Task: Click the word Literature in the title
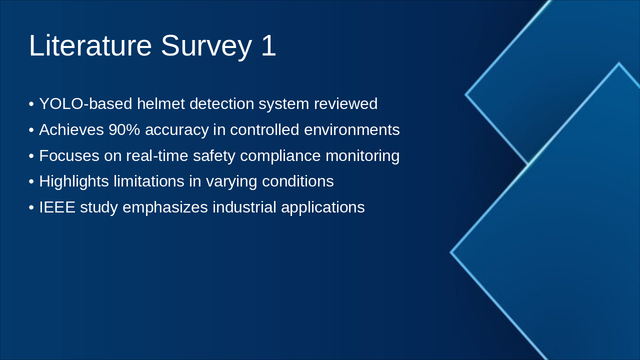[x=90, y=45]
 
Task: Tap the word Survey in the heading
[x=206, y=47]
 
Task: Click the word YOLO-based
[x=85, y=103]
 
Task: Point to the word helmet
[x=161, y=103]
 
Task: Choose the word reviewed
[x=345, y=103]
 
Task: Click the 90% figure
[x=124, y=129]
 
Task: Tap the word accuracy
[x=177, y=131]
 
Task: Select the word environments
[x=351, y=129]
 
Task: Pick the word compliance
[x=280, y=157]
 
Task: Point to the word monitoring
[x=362, y=157]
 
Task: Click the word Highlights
[x=74, y=182]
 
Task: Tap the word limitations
[x=149, y=181]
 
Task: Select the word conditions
[x=297, y=181]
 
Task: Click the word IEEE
[x=57, y=207]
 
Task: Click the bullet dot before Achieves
[x=31, y=130]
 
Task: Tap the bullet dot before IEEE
[x=31, y=207]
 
